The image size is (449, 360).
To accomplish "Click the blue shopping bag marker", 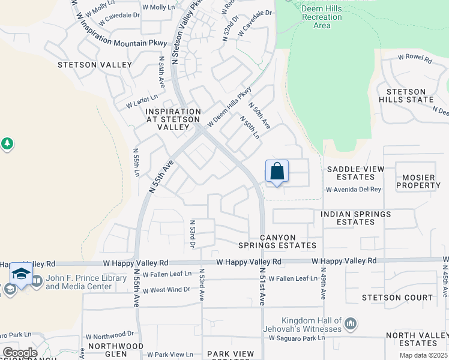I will coord(277,172).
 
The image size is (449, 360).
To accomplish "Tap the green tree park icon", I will coord(7,144).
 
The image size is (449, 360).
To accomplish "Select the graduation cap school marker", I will coord(21,275).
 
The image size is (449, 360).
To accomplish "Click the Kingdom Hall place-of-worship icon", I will coord(351,325).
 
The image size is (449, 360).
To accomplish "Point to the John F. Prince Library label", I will coord(79,282).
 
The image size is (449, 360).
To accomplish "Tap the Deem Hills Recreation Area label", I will coord(322,17).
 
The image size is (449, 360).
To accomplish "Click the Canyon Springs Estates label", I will coord(277,241).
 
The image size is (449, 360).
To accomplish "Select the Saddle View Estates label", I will coord(355,173).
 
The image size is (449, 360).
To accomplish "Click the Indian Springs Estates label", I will coord(355,218).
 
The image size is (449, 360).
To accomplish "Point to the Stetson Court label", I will coord(397,298).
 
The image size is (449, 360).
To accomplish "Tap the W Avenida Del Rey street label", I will coord(354,190).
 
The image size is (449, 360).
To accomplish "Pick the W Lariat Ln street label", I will coord(142,101).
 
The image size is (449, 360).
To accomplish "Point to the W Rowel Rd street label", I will coord(415,59).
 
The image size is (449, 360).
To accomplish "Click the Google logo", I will coord(19,353).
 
